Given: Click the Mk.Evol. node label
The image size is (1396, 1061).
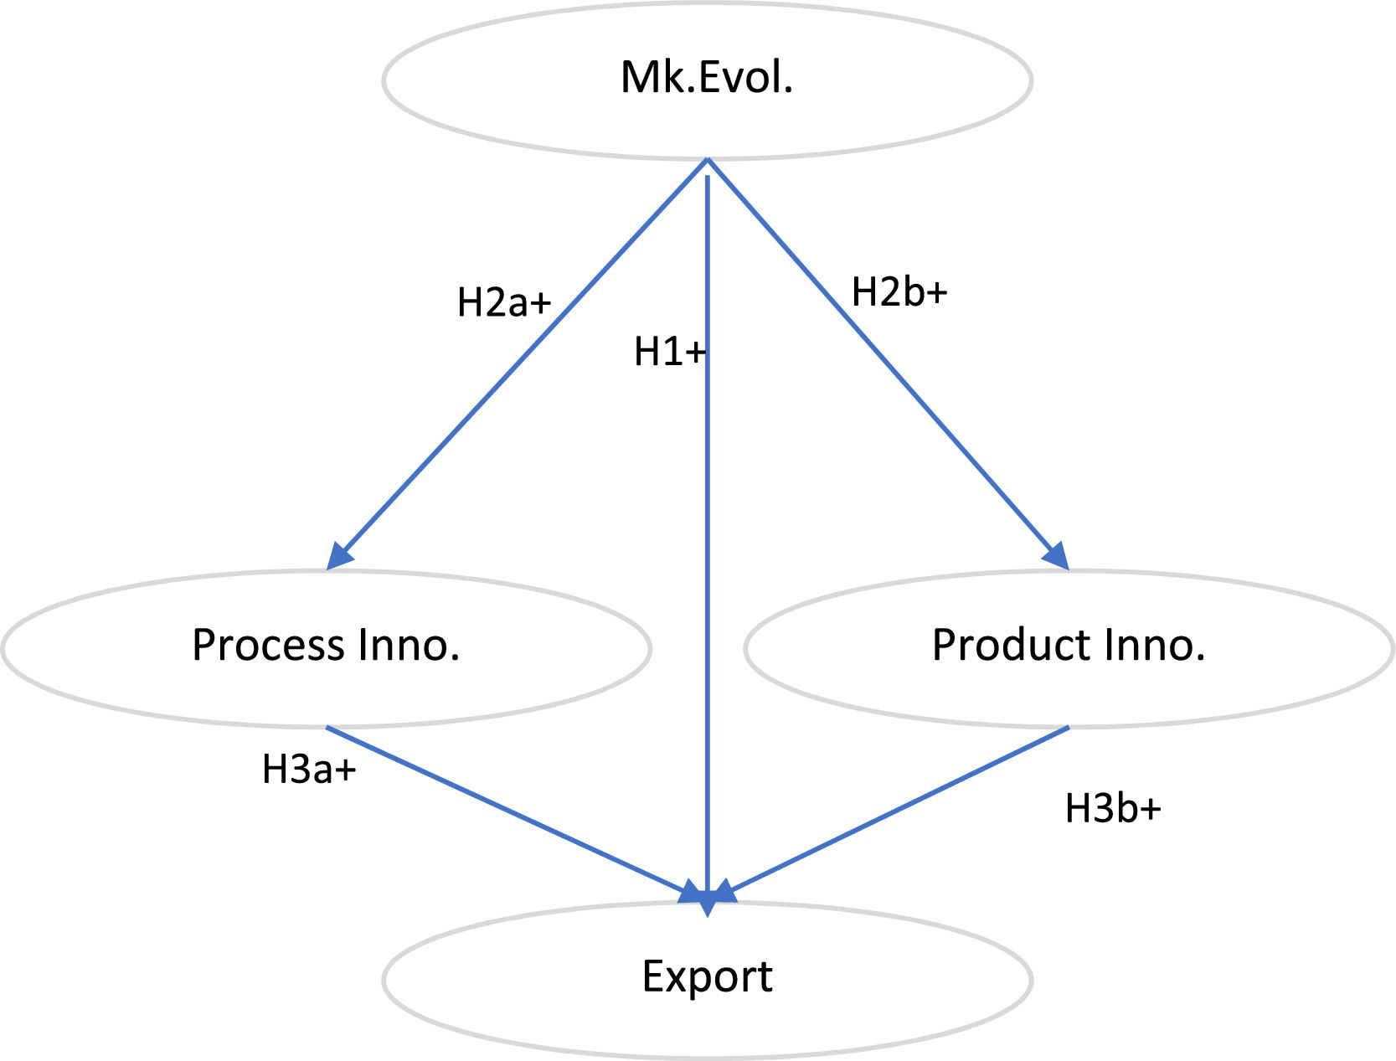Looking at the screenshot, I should [x=707, y=78].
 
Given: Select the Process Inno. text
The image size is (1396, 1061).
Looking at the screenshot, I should [x=326, y=646].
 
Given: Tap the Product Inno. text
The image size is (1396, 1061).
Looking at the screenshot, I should [x=1069, y=646].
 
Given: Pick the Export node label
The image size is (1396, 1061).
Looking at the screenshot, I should [x=707, y=976].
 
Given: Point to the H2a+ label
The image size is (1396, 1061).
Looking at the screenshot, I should [x=503, y=302].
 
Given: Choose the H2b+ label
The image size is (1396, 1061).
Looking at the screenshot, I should [x=899, y=292].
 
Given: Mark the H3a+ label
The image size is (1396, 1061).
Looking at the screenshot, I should [x=309, y=770].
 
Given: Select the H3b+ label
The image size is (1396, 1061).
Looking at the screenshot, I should [x=1113, y=809].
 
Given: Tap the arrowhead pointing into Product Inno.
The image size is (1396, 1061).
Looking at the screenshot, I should [x=1058, y=557].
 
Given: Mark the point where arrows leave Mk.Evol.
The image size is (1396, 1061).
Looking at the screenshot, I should [x=708, y=161].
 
